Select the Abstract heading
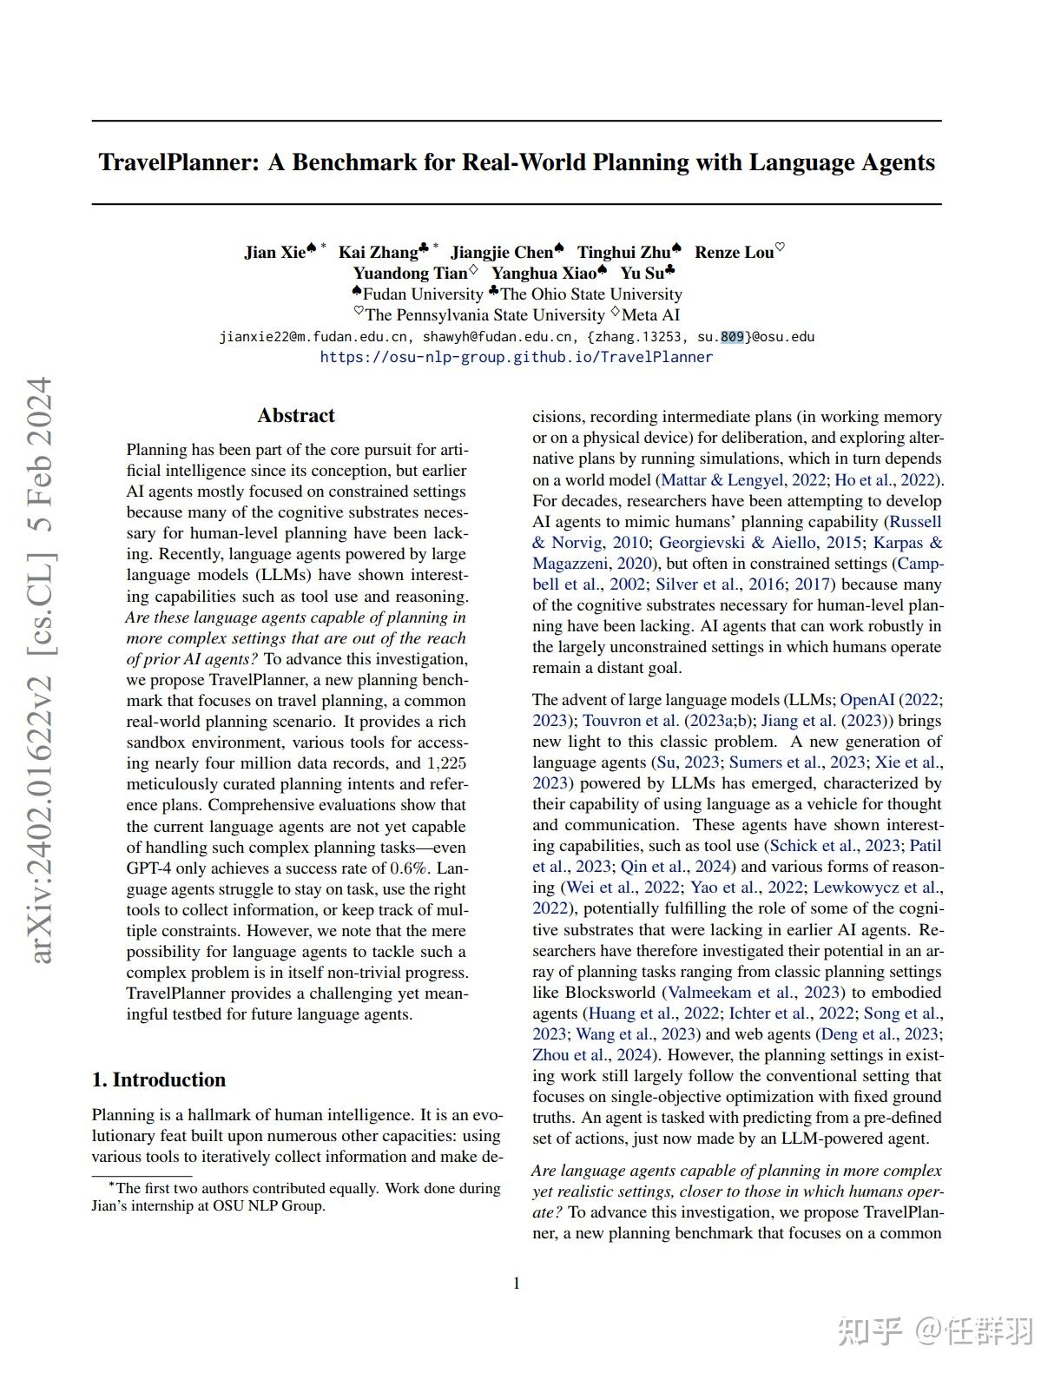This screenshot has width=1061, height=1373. [x=295, y=415]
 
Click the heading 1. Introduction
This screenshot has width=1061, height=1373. [x=158, y=1079]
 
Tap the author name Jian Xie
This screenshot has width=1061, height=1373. [x=274, y=252]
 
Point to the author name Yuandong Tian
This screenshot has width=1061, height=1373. [x=409, y=273]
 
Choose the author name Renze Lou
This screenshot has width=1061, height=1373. [x=734, y=252]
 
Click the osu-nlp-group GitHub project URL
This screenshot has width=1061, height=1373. [x=516, y=357]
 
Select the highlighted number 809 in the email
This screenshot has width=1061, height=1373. [x=732, y=337]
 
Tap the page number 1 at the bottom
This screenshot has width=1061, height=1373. [x=517, y=1284]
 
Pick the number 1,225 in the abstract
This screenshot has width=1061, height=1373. [x=446, y=763]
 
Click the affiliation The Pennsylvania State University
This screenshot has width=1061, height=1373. [x=484, y=314]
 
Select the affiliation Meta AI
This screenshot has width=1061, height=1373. [x=650, y=314]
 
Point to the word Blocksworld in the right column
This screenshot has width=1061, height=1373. [x=609, y=992]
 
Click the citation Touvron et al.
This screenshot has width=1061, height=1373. [x=631, y=720]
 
